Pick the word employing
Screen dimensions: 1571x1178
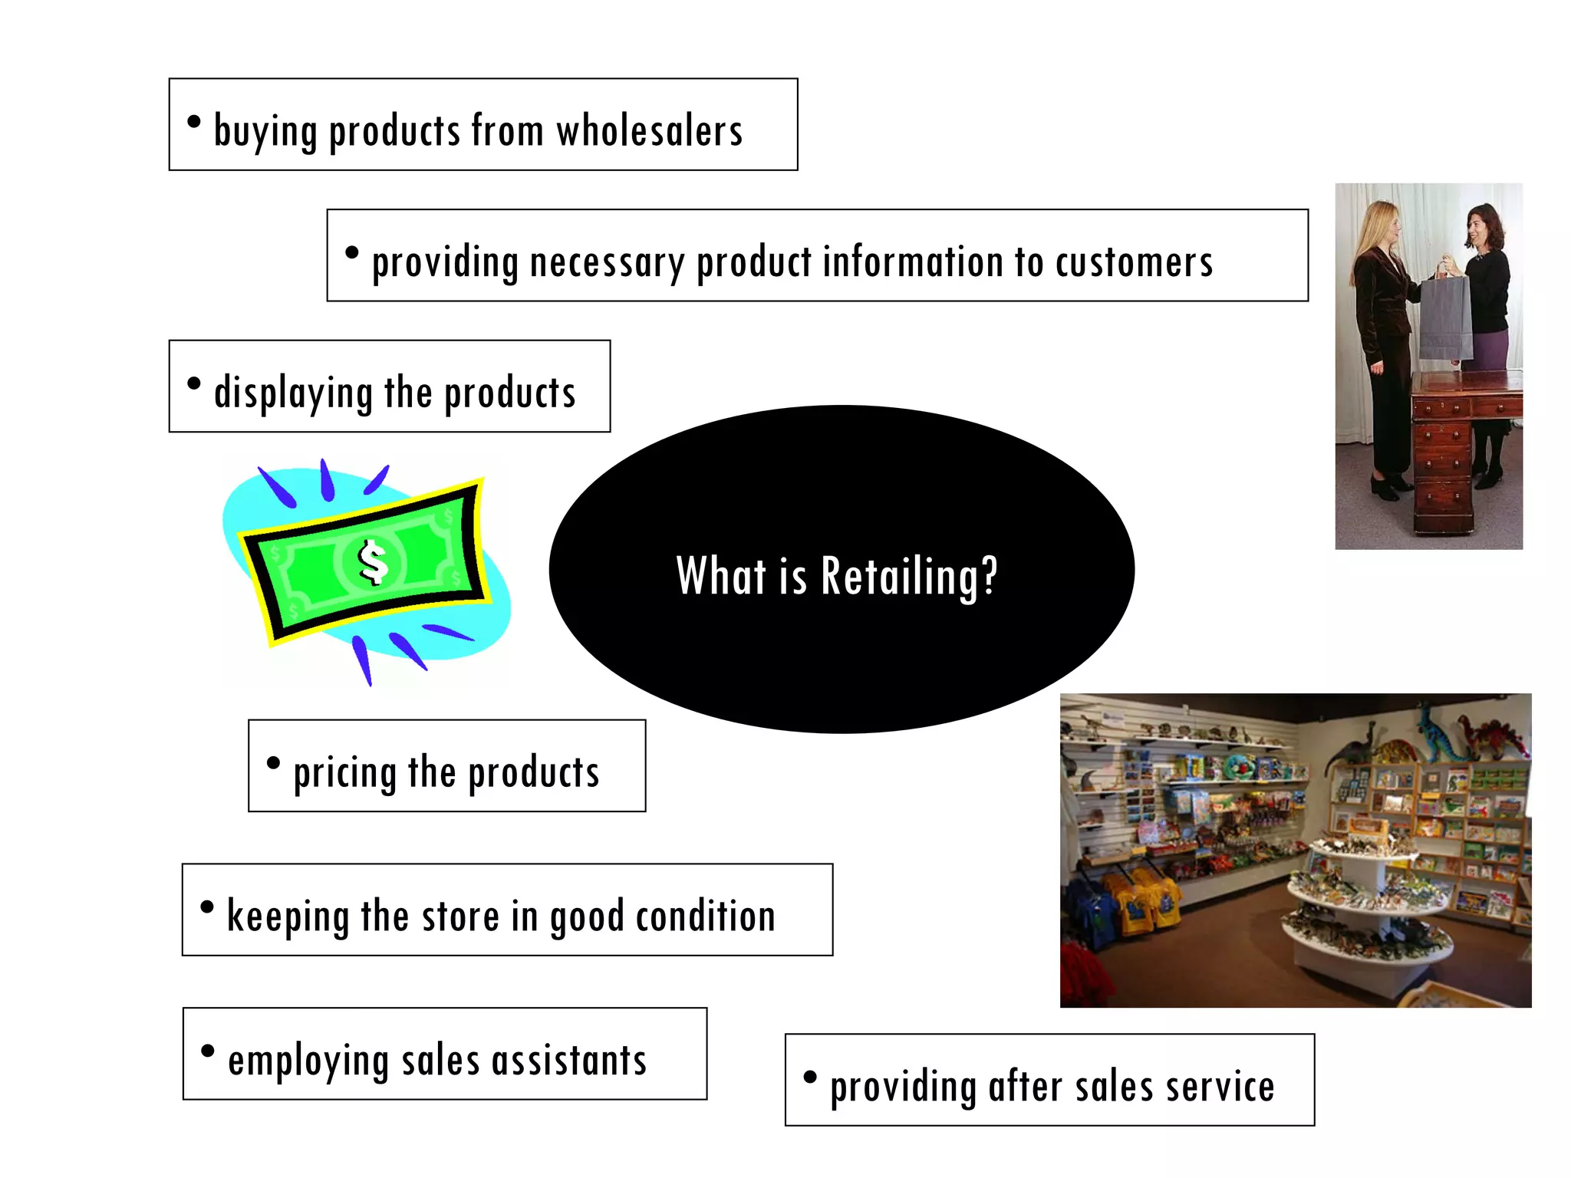pos(308,1061)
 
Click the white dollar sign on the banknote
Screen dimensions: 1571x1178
pos(374,562)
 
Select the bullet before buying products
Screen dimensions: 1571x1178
pos(194,121)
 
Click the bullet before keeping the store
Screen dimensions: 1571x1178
pos(207,907)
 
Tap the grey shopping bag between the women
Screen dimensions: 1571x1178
pos(1445,318)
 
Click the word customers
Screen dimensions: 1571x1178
pos(1134,262)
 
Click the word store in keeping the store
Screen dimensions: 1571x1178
pos(460,916)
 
